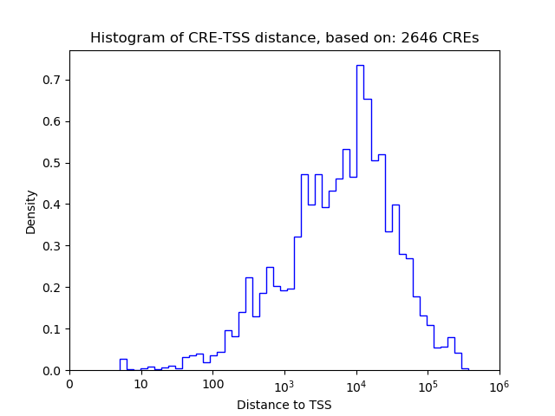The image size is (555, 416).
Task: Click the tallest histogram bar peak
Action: (x=360, y=66)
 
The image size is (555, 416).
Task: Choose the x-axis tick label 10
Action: (x=140, y=384)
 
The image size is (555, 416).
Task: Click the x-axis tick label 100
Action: (x=212, y=384)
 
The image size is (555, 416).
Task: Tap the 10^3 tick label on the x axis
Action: (x=284, y=383)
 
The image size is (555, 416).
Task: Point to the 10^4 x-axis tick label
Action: (x=356, y=383)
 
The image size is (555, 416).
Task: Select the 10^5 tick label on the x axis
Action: (x=428, y=383)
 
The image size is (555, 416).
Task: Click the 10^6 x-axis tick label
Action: (x=499, y=383)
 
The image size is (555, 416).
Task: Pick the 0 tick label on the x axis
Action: (x=69, y=384)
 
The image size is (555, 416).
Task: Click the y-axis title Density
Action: (x=31, y=211)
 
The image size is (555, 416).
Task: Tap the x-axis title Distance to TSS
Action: (x=284, y=404)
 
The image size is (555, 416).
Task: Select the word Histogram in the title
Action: (x=123, y=38)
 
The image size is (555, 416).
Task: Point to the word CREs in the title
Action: (x=459, y=38)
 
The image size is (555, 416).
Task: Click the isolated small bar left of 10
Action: (x=123, y=364)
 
